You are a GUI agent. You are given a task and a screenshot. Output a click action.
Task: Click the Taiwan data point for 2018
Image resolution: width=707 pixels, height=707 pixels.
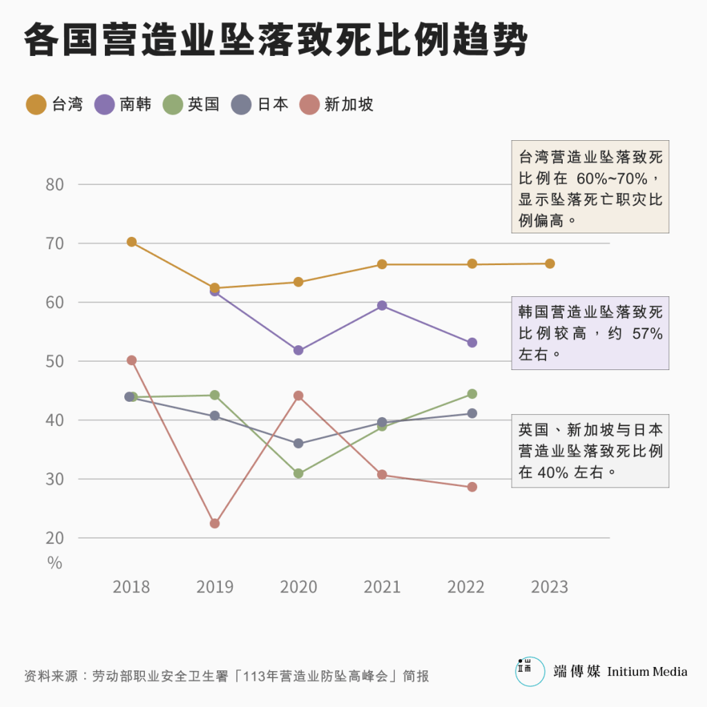click(131, 242)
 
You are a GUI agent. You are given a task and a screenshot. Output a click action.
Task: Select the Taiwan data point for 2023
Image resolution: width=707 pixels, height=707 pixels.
click(550, 264)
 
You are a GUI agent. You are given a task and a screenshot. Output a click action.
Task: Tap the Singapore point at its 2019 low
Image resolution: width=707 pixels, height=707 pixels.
click(215, 523)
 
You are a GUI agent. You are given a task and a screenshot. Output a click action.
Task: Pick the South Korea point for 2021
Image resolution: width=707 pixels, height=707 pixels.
click(382, 305)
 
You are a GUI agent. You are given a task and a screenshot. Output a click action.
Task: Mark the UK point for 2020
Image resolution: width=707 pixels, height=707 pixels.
click(298, 474)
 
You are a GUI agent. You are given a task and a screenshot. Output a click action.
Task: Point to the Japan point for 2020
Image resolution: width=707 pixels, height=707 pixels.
click(298, 443)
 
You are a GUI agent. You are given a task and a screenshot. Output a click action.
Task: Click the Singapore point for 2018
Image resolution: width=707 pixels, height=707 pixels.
click(131, 360)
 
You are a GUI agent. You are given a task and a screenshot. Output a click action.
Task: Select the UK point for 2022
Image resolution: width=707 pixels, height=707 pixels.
click(472, 394)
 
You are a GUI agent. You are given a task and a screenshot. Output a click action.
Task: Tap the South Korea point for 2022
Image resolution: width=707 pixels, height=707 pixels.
click(472, 342)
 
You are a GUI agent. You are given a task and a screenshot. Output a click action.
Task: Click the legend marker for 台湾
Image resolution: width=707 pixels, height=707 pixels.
click(36, 105)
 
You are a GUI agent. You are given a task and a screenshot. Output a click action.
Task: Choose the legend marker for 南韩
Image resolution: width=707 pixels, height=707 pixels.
click(104, 105)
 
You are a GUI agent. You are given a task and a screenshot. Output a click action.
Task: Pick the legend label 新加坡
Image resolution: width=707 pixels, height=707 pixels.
click(349, 105)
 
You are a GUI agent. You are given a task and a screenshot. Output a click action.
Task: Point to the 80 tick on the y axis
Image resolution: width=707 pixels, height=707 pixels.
click(55, 184)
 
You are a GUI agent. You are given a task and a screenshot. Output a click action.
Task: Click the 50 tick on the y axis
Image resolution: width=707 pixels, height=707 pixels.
click(55, 361)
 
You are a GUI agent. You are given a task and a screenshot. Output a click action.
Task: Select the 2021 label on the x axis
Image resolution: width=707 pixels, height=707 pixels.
click(382, 587)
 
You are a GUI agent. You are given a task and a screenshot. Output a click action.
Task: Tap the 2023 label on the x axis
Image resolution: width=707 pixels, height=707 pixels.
click(550, 587)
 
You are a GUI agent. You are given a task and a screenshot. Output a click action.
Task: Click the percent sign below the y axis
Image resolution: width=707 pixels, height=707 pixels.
click(55, 563)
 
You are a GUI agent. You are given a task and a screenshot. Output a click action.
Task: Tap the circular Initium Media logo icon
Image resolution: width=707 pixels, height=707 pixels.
click(530, 672)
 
